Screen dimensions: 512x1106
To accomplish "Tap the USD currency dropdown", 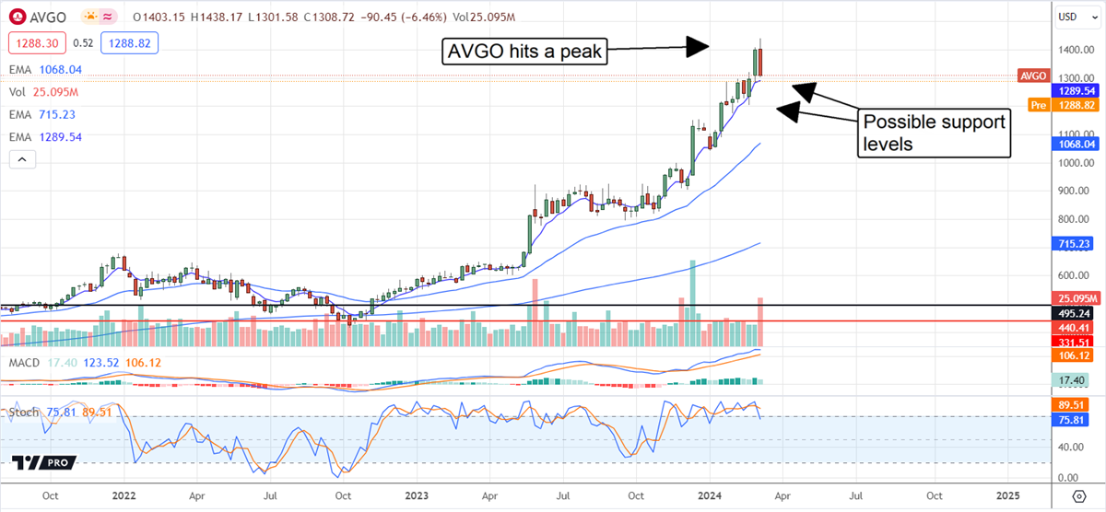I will pos(1068,17).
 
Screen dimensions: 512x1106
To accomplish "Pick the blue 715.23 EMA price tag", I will pos(1075,243).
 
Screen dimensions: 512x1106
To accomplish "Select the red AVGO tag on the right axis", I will pos(1031,76).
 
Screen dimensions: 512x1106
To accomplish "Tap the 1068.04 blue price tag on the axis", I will pos(1075,143).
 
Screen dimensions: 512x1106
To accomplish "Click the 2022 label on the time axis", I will pos(124,495).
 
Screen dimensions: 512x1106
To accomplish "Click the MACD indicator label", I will pos(23,363).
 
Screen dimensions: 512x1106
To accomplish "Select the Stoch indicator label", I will pos(23,412).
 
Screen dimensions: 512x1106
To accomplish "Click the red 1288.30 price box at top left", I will pos(33,42).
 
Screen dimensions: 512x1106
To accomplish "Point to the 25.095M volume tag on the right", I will pos(1075,298).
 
